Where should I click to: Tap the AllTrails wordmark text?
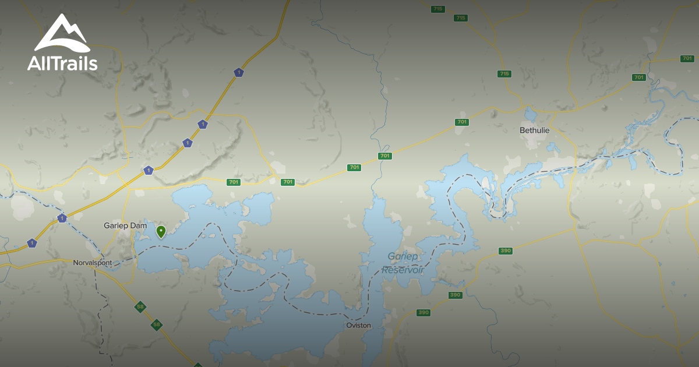point(62,63)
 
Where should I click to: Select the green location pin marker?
point(161,231)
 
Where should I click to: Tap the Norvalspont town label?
point(92,263)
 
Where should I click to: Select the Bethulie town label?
point(534,130)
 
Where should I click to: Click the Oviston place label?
point(358,325)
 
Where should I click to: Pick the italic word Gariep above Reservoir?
point(403,257)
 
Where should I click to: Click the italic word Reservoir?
point(403,270)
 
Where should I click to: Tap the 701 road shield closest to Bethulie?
point(462,122)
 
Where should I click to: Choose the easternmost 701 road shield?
point(687,59)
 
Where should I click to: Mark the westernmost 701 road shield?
point(234,182)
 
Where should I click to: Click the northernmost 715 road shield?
point(438,9)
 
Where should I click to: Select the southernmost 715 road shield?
point(504,74)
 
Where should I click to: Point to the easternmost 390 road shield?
point(506,251)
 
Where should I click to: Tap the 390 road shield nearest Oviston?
point(423,313)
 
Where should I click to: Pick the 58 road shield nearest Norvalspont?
point(140,307)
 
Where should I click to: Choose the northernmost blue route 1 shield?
point(238,72)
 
